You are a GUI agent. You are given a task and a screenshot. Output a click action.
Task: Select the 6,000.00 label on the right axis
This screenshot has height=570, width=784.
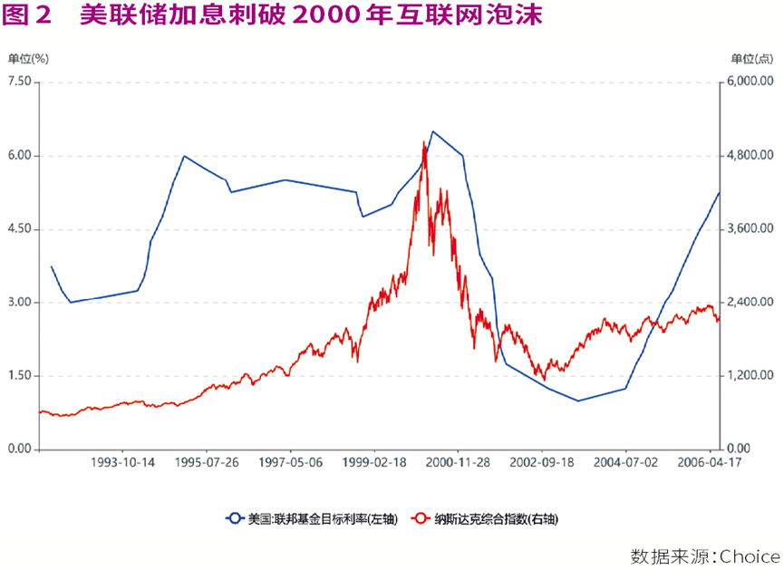(x=750, y=81)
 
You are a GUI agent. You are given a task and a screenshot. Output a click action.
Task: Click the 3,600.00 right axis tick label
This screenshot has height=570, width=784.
(x=750, y=228)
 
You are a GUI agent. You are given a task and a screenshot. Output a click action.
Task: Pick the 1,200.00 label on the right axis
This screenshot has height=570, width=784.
(x=750, y=375)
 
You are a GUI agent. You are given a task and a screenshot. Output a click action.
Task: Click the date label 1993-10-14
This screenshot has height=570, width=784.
(x=122, y=462)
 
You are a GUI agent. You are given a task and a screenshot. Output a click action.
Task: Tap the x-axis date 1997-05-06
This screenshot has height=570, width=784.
(x=290, y=462)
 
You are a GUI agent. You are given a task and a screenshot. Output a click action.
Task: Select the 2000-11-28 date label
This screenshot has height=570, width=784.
(x=458, y=462)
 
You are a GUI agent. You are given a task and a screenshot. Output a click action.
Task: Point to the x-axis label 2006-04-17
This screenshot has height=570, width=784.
(x=709, y=462)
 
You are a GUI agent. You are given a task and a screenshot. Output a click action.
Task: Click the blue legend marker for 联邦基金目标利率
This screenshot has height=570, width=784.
(x=234, y=518)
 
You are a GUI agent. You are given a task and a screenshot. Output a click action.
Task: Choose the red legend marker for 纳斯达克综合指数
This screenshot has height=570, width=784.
(x=421, y=518)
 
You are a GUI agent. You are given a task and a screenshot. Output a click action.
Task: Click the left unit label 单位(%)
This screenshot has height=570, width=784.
(x=28, y=59)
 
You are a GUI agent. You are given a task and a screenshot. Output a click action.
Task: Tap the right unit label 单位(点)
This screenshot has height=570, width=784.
(x=752, y=59)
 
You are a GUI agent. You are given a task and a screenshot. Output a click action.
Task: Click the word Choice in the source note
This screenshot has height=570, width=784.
(x=750, y=556)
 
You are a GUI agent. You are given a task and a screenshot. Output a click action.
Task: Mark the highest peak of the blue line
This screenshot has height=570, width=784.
(x=432, y=131)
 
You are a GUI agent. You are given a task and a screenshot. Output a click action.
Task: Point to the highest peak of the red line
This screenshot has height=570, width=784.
(x=423, y=141)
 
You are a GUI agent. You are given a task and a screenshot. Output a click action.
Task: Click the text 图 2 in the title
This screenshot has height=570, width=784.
(x=26, y=15)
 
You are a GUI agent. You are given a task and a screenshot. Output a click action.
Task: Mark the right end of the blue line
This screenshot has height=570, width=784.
(x=719, y=192)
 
